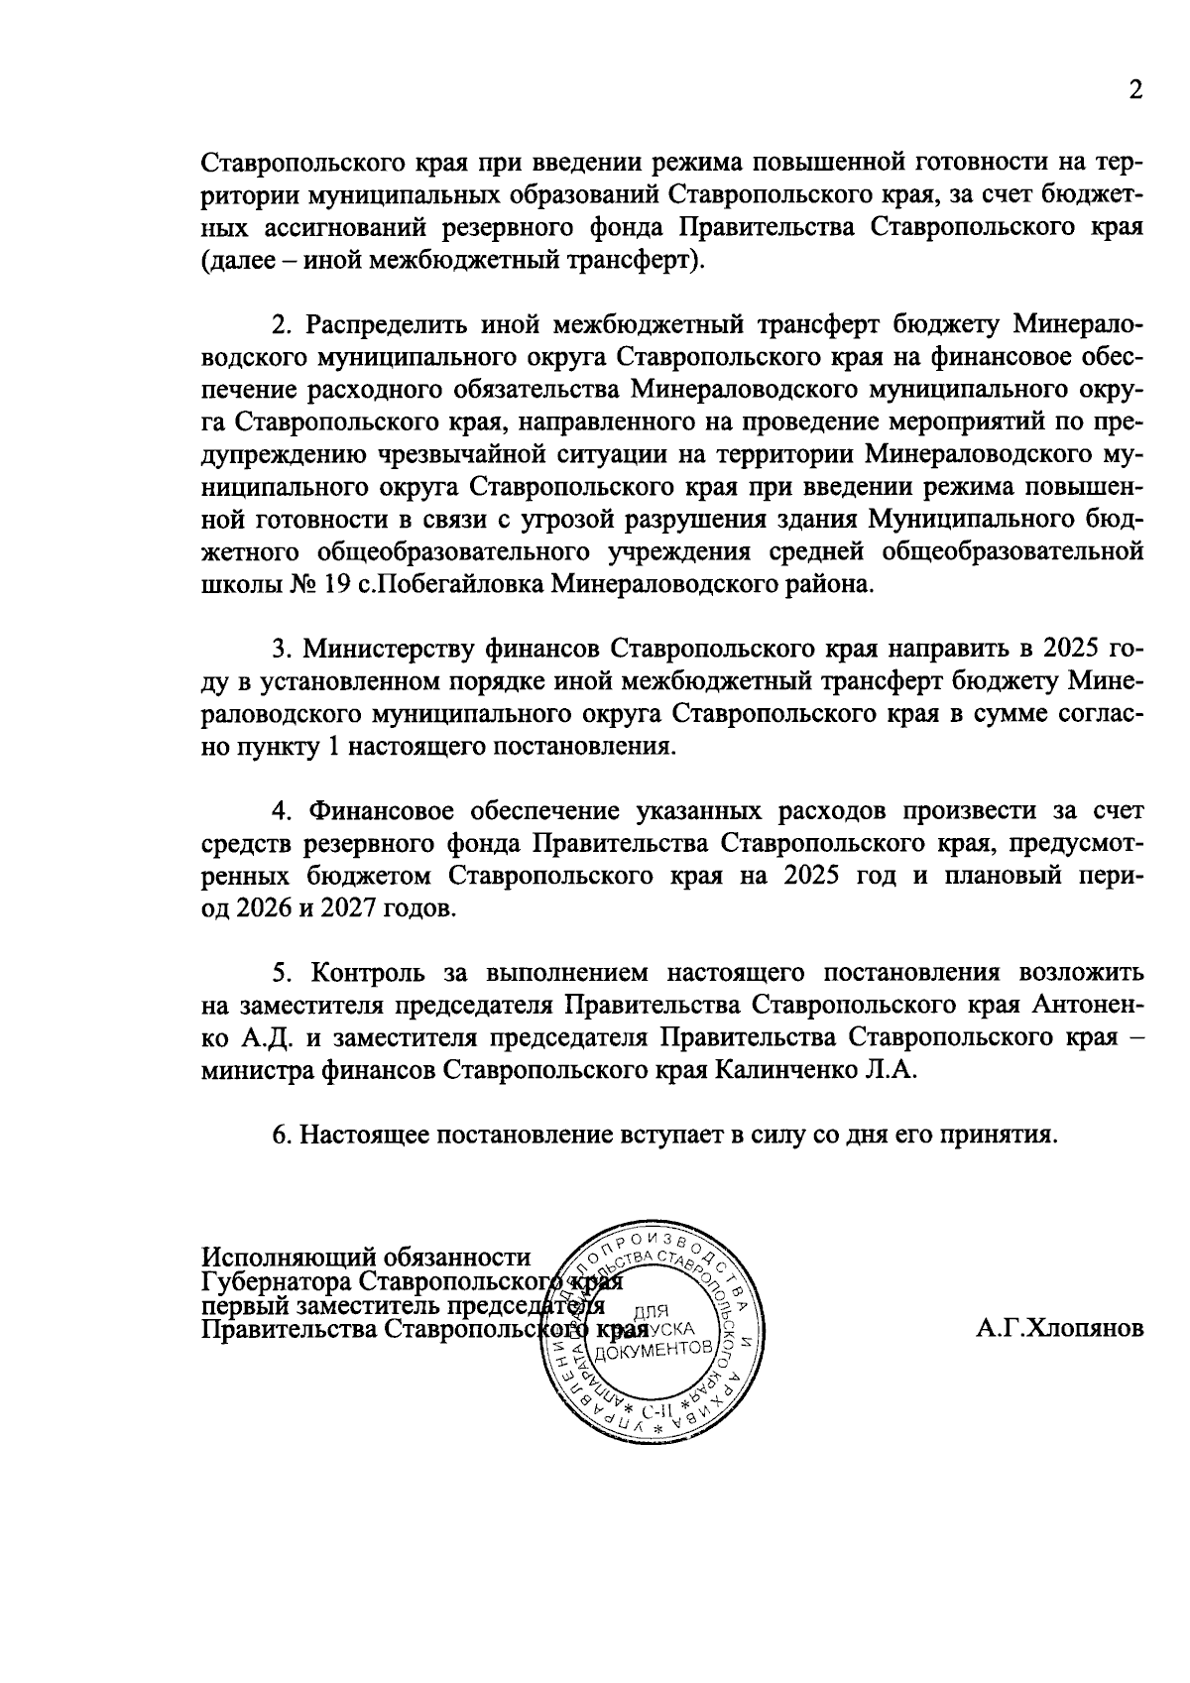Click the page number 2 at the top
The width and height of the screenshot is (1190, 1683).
1136,90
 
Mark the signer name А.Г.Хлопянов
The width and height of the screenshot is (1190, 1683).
1059,1328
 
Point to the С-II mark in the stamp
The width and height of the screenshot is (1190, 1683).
658,1409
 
